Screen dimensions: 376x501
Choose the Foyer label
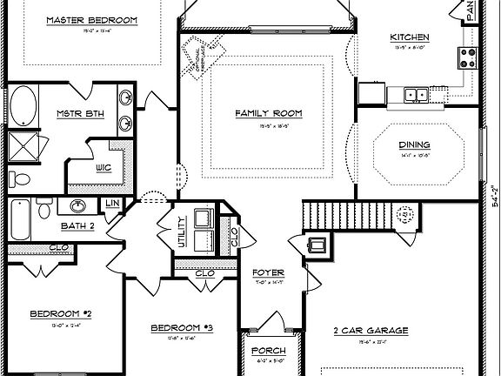tap(265, 272)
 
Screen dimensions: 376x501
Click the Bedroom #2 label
tap(61, 313)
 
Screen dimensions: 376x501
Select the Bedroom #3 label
tap(182, 327)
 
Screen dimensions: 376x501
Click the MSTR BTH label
tap(80, 114)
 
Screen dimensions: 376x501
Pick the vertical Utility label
tap(182, 232)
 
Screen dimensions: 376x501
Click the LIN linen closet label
tap(112, 204)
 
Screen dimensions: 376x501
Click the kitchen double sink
tap(415, 92)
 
